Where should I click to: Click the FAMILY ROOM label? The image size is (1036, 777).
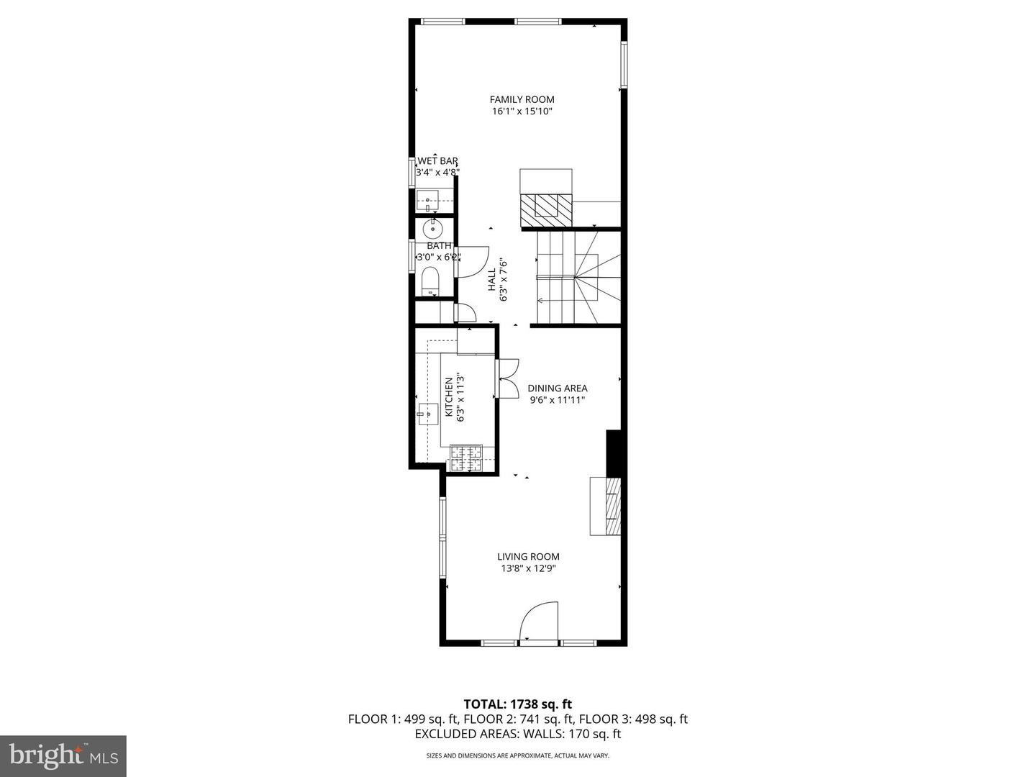[522, 99]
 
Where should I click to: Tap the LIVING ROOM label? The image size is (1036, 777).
[528, 556]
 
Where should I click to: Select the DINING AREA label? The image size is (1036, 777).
[558, 388]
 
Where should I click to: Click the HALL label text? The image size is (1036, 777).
[492, 280]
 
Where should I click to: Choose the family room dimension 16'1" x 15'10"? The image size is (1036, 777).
[522, 112]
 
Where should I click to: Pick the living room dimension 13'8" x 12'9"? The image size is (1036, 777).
[528, 568]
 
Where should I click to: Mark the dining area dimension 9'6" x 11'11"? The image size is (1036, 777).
[558, 400]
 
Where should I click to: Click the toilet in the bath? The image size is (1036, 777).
[431, 280]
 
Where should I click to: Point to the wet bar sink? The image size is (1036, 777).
[427, 201]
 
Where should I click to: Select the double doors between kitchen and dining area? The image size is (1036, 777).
[507, 378]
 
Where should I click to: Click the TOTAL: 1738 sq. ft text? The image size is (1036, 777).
[517, 704]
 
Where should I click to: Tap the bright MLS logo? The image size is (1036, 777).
[63, 755]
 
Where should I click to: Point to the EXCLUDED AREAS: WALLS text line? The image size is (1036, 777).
[517, 734]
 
